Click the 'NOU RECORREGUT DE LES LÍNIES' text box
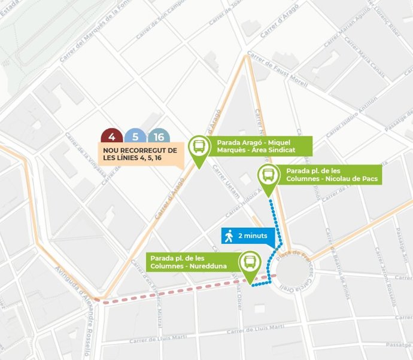tap(140, 155)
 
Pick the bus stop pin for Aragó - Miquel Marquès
tap(198, 147)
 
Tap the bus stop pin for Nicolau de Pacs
tap(268, 177)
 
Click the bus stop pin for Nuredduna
tap(249, 263)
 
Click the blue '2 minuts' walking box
tap(248, 237)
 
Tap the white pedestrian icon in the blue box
tap(229, 237)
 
